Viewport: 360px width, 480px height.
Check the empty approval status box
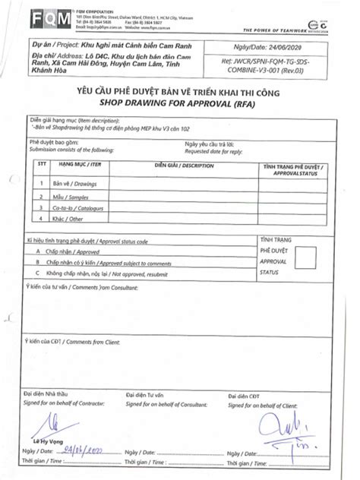pyautogui.click(x=307, y=260)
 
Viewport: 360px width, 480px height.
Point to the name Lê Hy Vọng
pyautogui.click(x=47, y=441)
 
